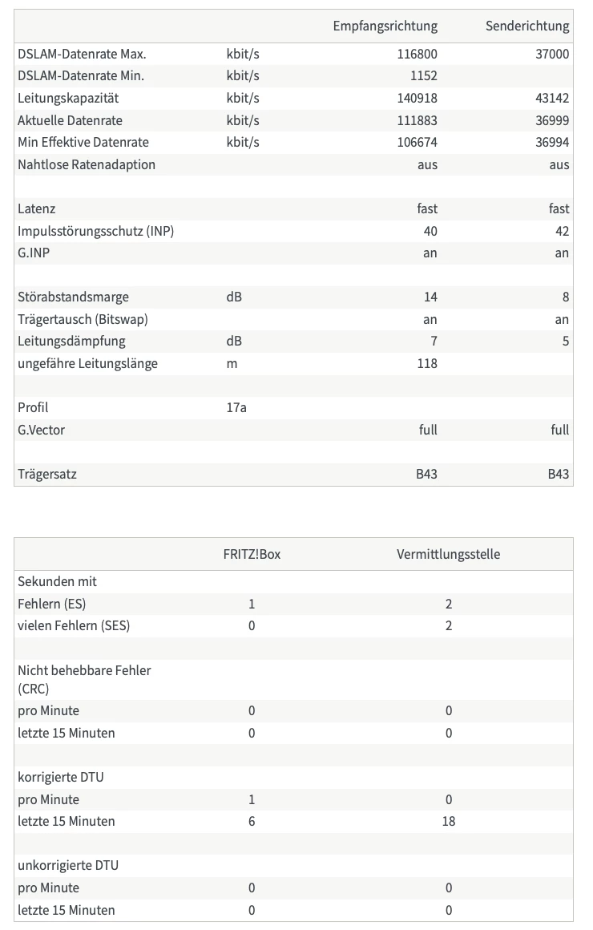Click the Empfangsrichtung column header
[385, 26]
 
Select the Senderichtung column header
[526, 26]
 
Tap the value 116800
[417, 55]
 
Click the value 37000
[551, 55]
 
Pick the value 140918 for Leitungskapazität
[417, 99]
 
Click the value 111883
[417, 120]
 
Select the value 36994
[551, 143]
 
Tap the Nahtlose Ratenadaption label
[87, 164]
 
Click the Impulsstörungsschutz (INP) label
[95, 231]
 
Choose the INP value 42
[561, 231]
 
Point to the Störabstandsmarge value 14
[430, 297]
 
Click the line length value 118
[427, 363]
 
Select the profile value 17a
[236, 407]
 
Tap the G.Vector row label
[41, 430]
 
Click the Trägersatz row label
[47, 474]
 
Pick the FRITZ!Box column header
[252, 554]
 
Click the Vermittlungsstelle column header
[448, 554]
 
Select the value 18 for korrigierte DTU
[448, 821]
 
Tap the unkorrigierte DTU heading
[68, 866]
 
